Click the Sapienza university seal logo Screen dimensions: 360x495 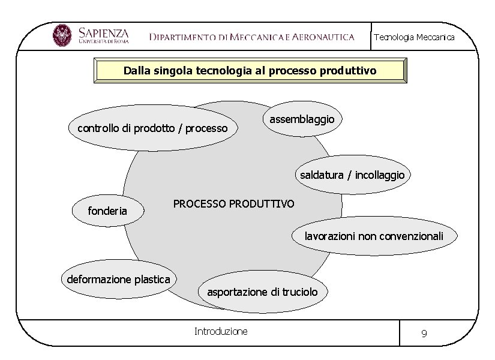point(62,35)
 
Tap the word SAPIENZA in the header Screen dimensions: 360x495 point(103,32)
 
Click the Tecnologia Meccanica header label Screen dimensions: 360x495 point(414,37)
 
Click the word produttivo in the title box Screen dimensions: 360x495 point(348,71)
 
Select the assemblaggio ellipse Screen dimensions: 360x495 point(302,119)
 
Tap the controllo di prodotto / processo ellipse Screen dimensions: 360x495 point(152,128)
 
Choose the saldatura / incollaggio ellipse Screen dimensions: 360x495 point(353,175)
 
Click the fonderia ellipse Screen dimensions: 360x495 point(107,211)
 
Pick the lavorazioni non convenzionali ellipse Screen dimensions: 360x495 point(374,236)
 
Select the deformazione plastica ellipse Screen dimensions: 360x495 point(118,279)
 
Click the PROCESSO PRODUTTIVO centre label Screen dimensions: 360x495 point(233,204)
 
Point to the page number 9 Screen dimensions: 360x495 point(424,334)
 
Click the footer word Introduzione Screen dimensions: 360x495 point(221,331)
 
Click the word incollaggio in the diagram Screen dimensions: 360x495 point(380,175)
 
